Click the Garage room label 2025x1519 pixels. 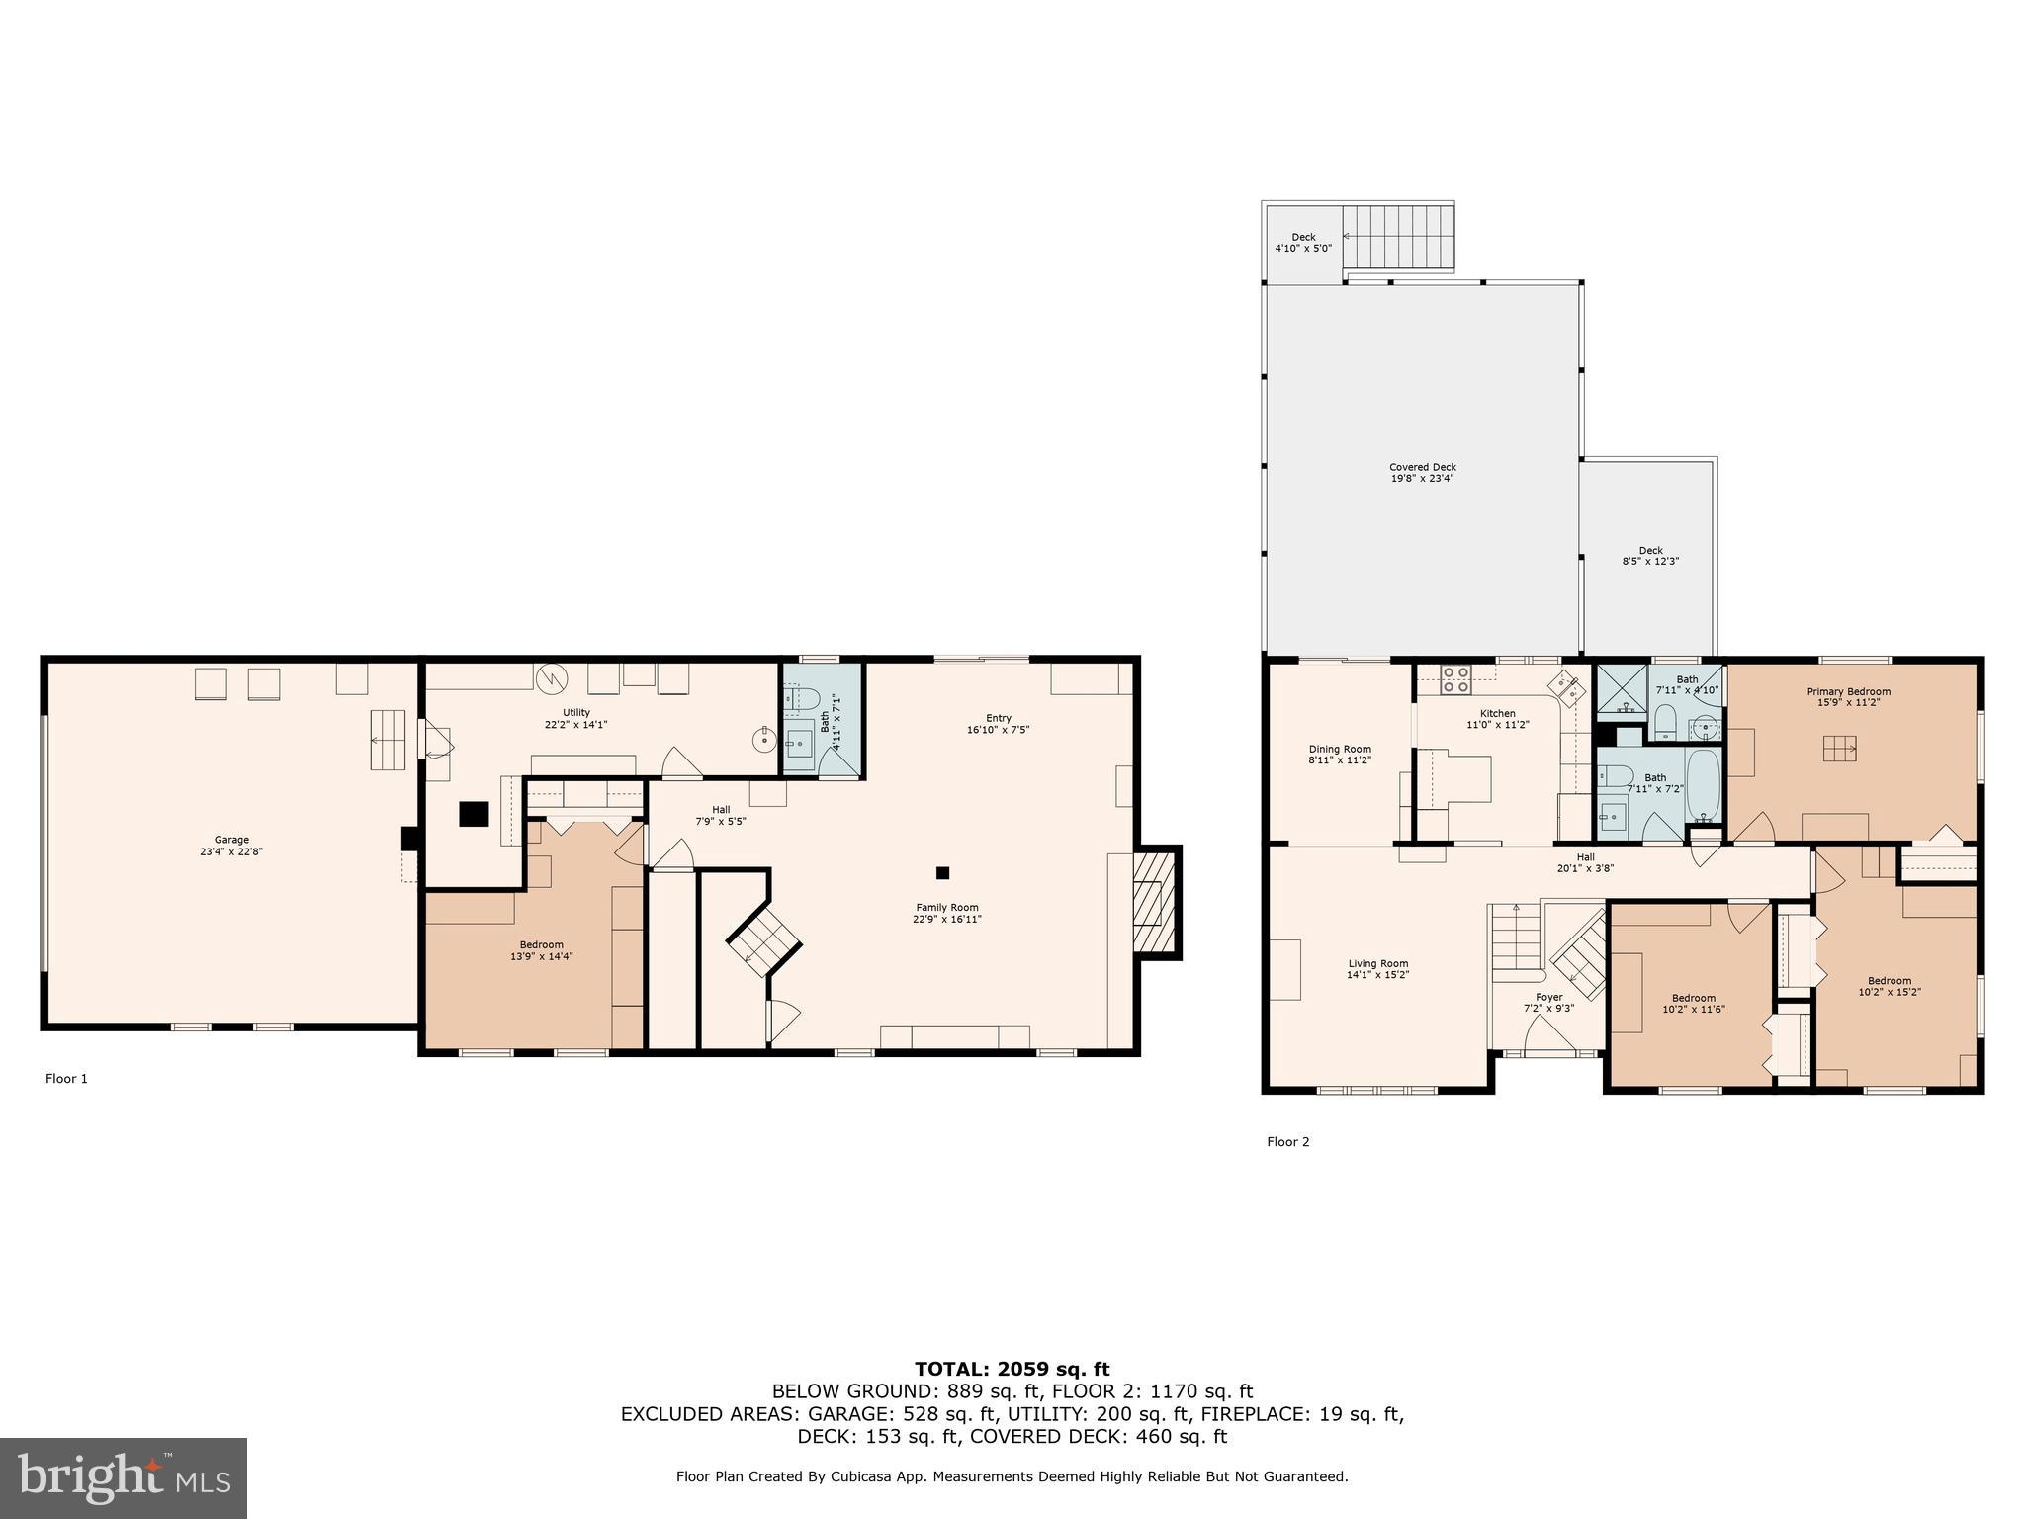(x=231, y=846)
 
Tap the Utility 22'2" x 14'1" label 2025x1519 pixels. (x=575, y=718)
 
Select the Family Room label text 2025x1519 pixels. (x=946, y=913)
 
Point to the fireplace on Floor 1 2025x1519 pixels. (x=1152, y=901)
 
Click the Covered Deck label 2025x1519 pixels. (x=1422, y=473)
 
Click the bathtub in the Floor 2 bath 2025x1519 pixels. (x=1704, y=786)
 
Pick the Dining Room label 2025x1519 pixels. (x=1340, y=755)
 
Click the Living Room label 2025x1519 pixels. (x=1377, y=969)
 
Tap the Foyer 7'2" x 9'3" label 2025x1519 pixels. (x=1548, y=1003)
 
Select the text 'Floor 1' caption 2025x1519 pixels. (x=66, y=1079)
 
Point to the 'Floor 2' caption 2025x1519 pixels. (x=1287, y=1142)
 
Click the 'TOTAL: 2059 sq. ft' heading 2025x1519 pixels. (x=1012, y=1370)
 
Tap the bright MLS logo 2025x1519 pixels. (x=123, y=1477)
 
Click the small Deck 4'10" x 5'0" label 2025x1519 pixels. (x=1303, y=243)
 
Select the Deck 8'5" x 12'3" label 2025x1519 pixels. (x=1650, y=556)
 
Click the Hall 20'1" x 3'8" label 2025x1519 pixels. (x=1585, y=863)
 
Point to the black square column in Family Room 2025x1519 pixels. (x=942, y=872)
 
